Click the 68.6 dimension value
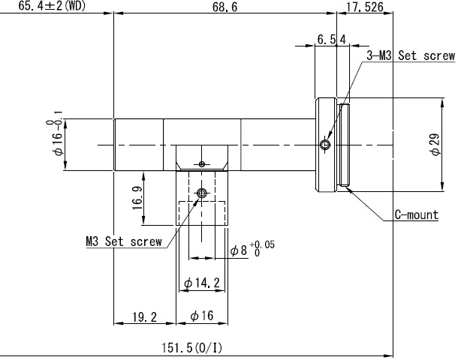click(224, 7)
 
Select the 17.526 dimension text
click(365, 7)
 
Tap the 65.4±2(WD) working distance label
click(52, 6)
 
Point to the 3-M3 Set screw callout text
click(411, 55)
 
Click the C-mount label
click(417, 215)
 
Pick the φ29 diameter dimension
click(435, 145)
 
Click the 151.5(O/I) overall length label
click(192, 347)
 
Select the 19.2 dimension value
click(145, 316)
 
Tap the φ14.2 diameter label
click(202, 283)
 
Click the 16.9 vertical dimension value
click(137, 198)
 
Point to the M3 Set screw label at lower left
click(124, 241)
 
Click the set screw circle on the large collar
click(325, 145)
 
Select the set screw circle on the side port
click(201, 193)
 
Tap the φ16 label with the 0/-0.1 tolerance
click(56, 133)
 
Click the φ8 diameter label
click(239, 250)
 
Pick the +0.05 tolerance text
click(262, 244)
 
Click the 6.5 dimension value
click(327, 40)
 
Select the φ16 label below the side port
click(202, 316)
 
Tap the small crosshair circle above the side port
click(201, 164)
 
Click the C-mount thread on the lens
click(344, 145)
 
